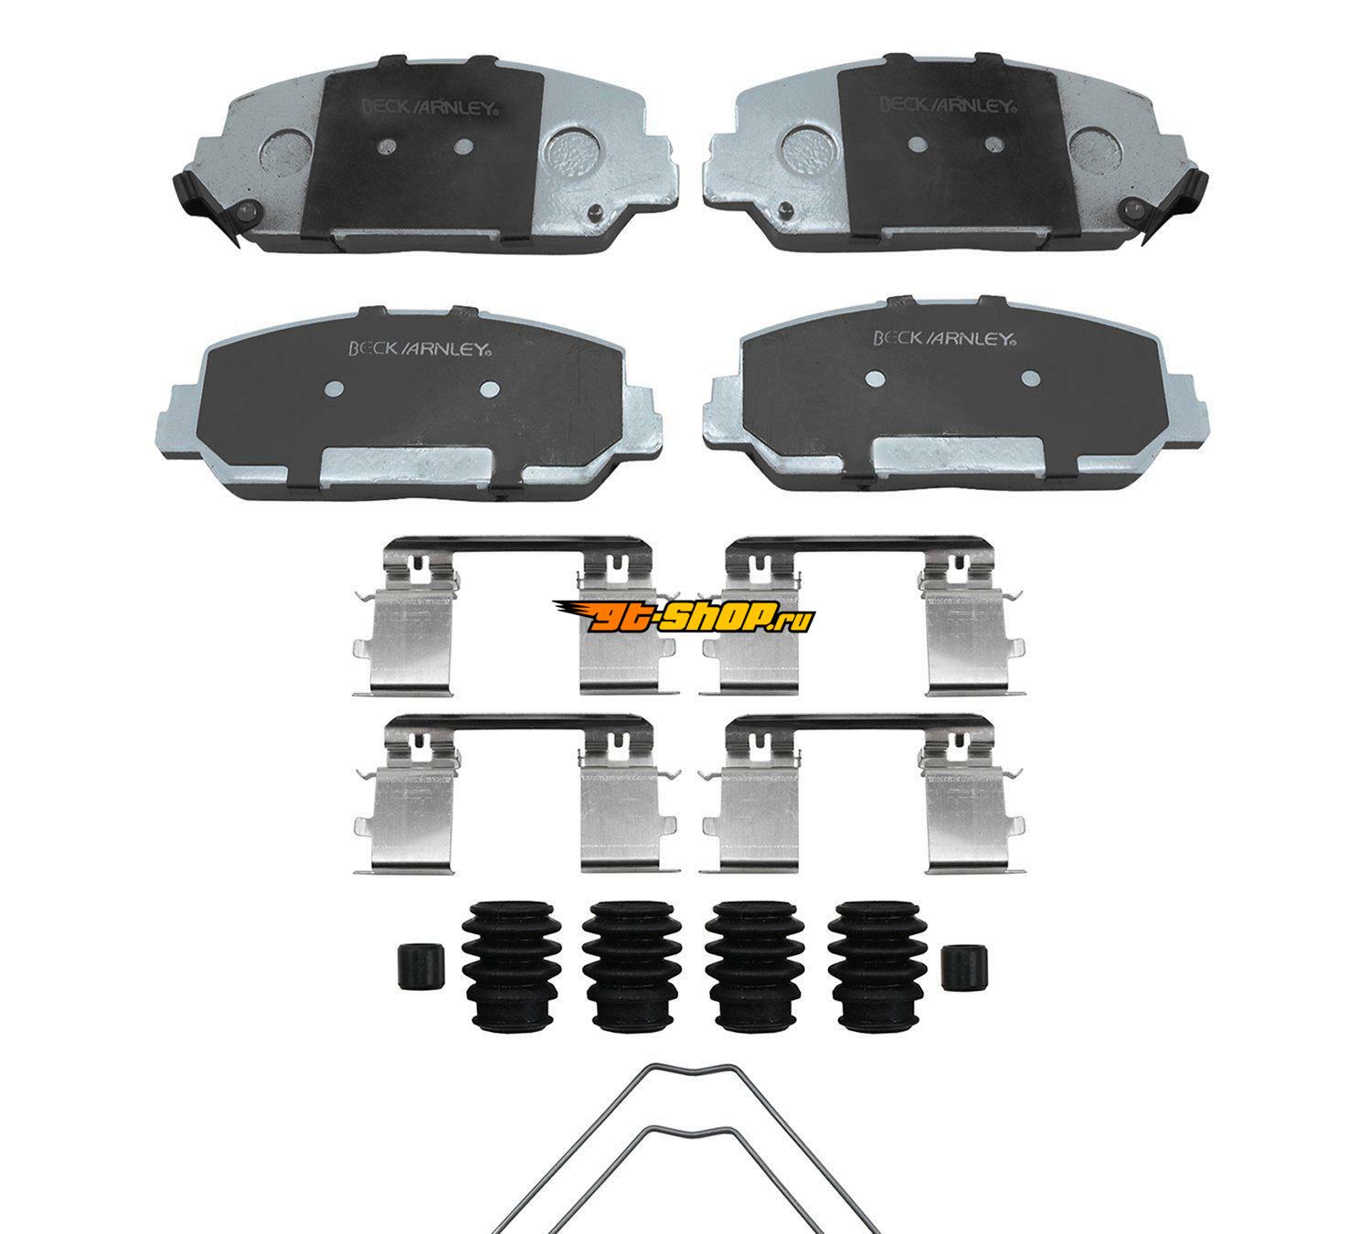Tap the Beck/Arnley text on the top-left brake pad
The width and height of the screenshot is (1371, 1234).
pyautogui.click(x=426, y=107)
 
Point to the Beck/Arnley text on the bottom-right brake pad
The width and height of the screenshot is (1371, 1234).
pyautogui.click(x=945, y=337)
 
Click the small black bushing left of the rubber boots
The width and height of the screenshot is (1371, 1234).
pyautogui.click(x=420, y=967)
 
